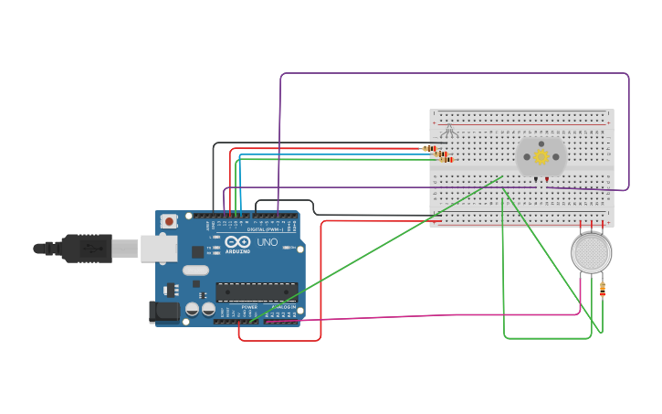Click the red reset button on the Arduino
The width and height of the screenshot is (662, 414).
point(169,221)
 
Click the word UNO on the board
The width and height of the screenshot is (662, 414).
point(267,243)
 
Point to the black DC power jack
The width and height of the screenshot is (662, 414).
point(164,312)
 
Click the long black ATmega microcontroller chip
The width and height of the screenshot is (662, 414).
point(256,292)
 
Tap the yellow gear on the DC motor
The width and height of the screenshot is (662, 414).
point(541,156)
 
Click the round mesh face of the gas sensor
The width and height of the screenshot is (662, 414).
point(592,253)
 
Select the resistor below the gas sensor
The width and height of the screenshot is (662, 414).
point(602,289)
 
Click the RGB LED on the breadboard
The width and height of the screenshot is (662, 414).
point(447,130)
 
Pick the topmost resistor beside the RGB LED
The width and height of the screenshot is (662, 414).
point(428,148)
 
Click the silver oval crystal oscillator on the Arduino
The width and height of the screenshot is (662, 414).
point(195,270)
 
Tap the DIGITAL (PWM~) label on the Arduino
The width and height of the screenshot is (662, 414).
point(265,229)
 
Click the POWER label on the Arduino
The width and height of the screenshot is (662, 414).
point(248,307)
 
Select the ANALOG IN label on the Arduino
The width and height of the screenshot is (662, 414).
point(284,307)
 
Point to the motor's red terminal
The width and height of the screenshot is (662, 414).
point(547,179)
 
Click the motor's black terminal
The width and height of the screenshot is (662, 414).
point(535,179)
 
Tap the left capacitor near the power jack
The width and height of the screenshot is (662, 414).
point(192,310)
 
